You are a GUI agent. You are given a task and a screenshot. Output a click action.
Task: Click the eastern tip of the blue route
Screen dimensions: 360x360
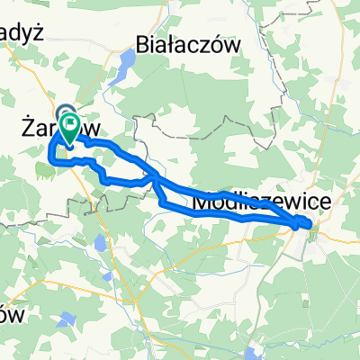point(311,224)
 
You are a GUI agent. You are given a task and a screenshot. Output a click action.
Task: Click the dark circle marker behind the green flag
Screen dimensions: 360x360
point(67,113)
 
